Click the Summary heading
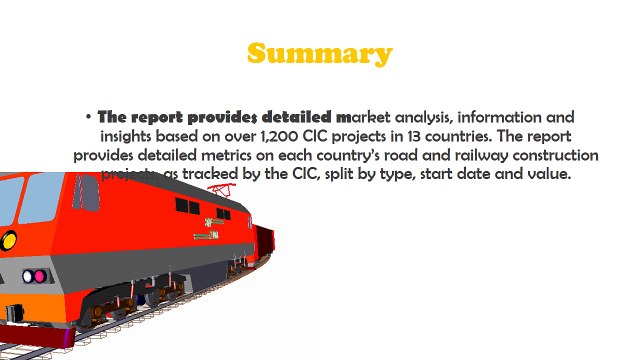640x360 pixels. [x=320, y=53]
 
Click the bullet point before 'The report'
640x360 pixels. [x=89, y=117]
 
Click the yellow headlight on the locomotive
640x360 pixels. [x=8, y=240]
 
